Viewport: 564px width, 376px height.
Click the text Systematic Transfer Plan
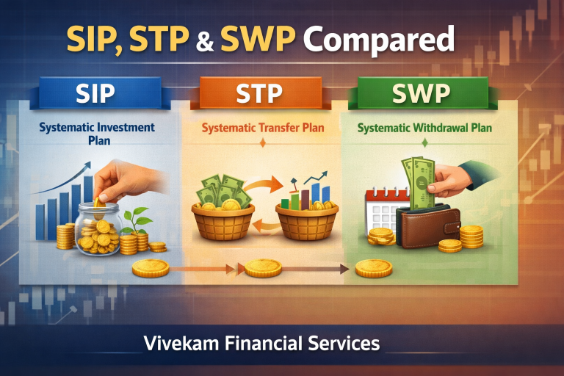pos(263,129)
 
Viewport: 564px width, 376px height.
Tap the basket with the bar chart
pos(306,217)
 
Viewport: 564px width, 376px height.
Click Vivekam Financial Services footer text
pos(282,342)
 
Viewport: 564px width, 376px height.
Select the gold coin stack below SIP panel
pos(151,269)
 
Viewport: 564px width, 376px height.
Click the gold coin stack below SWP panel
pos(374,269)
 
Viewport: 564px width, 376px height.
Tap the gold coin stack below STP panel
pos(263,269)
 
